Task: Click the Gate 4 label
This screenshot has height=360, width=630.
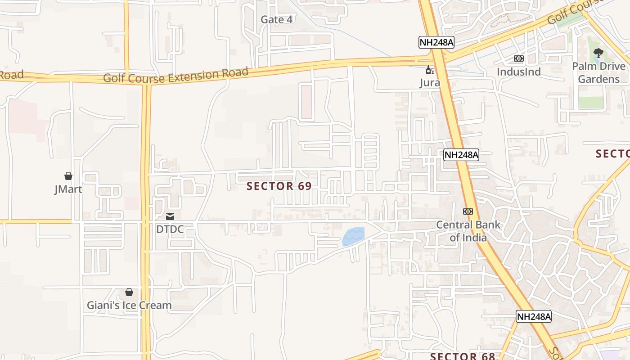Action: tap(277, 19)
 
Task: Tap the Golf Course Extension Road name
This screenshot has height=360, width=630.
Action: tap(175, 75)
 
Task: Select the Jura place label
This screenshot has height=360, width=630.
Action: tap(430, 82)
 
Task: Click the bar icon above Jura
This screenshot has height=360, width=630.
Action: tap(430, 70)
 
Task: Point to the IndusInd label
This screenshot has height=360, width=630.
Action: tap(518, 72)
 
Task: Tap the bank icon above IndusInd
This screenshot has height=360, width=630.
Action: tap(518, 58)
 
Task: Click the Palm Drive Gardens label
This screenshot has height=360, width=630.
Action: tap(598, 72)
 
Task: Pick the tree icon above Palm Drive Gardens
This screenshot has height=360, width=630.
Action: tap(598, 53)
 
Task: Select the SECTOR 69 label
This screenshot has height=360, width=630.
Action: tap(279, 186)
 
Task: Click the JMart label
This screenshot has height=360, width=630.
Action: tap(68, 189)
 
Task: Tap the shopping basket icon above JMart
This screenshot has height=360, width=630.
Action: tap(68, 175)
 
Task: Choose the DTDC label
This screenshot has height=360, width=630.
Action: tap(170, 229)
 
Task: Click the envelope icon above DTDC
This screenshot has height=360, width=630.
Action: tap(170, 216)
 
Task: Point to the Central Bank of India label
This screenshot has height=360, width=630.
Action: tap(468, 231)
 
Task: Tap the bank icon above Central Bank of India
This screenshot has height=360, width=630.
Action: tap(468, 211)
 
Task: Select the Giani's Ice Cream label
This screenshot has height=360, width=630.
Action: tap(129, 305)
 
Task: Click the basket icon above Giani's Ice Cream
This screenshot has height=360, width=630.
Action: tap(129, 292)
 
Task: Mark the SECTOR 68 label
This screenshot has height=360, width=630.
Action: tap(462, 356)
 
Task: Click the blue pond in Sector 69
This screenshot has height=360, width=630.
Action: tap(353, 236)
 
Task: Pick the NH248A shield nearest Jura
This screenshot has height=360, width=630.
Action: tap(436, 42)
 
